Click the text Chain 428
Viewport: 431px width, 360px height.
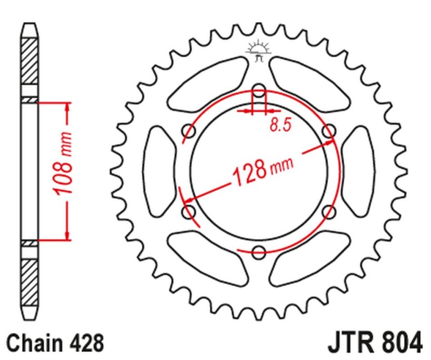[x=54, y=342]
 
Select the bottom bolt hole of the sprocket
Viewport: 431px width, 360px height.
[x=259, y=251]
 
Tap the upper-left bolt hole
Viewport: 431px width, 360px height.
[x=189, y=130]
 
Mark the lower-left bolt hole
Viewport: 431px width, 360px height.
[x=189, y=211]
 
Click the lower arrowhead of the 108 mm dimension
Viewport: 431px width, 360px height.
[x=67, y=234]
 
